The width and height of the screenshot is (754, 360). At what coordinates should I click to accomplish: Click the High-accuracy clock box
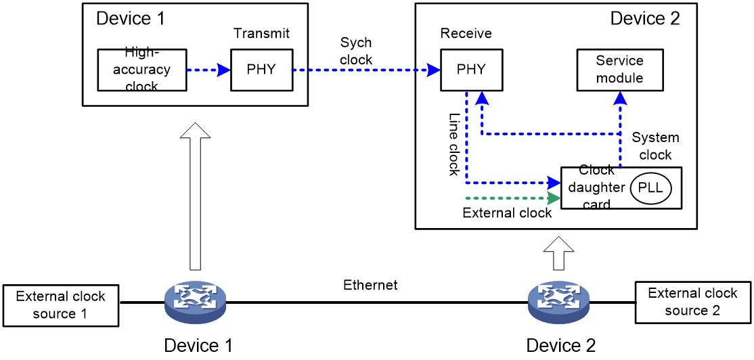point(141,70)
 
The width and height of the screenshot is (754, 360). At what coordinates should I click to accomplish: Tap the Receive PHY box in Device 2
point(471,70)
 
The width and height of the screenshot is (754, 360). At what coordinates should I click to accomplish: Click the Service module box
point(619,70)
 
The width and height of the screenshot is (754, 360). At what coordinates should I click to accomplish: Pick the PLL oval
point(649,187)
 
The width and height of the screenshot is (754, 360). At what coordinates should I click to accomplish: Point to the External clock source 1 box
point(61,302)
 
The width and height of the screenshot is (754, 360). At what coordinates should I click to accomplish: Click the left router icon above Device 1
point(195,302)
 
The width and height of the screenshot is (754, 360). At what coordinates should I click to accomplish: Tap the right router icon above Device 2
point(558,302)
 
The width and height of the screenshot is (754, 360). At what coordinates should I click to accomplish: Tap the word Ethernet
point(370,285)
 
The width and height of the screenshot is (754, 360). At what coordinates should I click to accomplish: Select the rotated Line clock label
point(454,144)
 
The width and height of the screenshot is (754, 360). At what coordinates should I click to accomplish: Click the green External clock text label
point(507,212)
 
